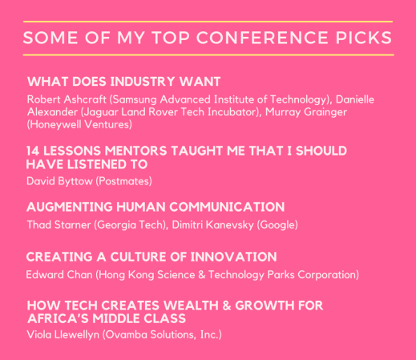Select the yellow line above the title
(x=208, y=22)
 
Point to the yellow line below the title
(x=208, y=55)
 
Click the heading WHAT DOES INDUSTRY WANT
(x=123, y=82)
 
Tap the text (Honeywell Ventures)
(x=79, y=124)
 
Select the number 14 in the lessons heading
(x=34, y=151)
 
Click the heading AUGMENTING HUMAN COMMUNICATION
(x=155, y=207)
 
